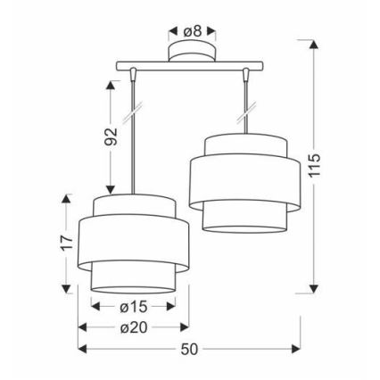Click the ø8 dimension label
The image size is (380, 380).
click(192, 30)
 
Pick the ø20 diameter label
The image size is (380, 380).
click(133, 327)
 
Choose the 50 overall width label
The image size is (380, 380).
click(189, 349)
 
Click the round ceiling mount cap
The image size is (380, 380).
click(192, 54)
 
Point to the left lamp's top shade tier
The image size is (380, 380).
click(133, 207)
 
